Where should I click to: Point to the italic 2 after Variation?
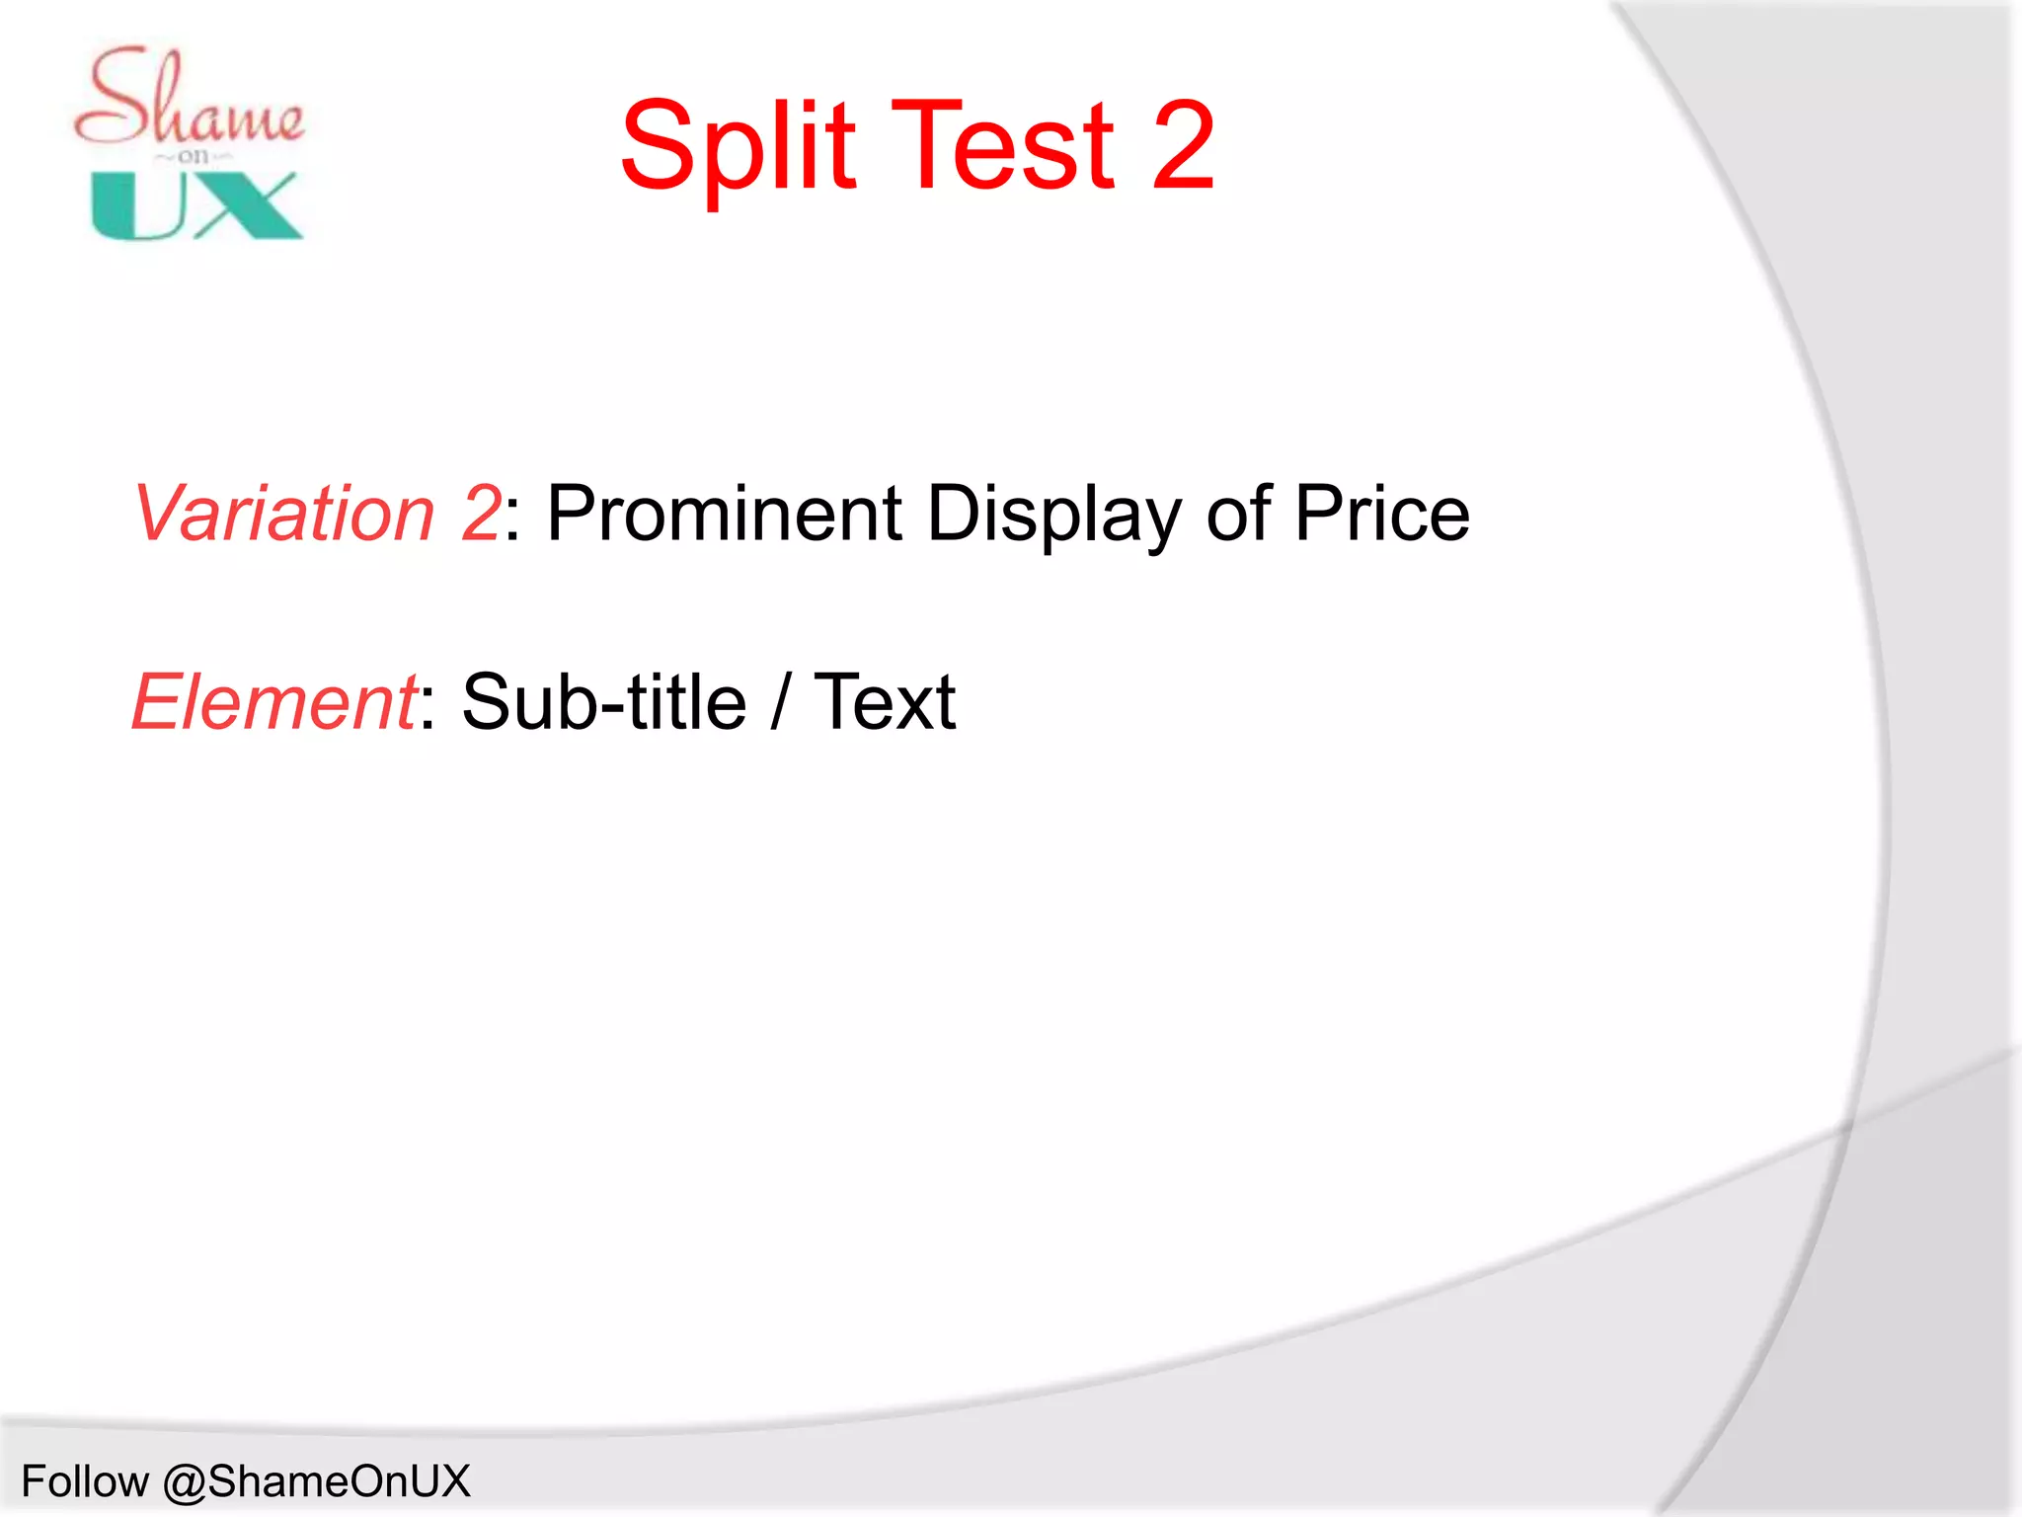(x=481, y=514)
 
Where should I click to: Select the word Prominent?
(x=724, y=514)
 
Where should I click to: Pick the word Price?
(x=1381, y=514)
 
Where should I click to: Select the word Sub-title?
(x=603, y=702)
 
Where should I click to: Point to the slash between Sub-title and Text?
(x=781, y=702)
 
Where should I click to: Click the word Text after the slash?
(x=885, y=702)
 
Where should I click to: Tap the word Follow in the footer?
(x=85, y=1481)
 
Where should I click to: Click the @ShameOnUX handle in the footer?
(x=316, y=1481)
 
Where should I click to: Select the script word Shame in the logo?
(x=188, y=99)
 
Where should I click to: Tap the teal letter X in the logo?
(x=247, y=205)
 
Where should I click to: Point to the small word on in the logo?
(x=194, y=156)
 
